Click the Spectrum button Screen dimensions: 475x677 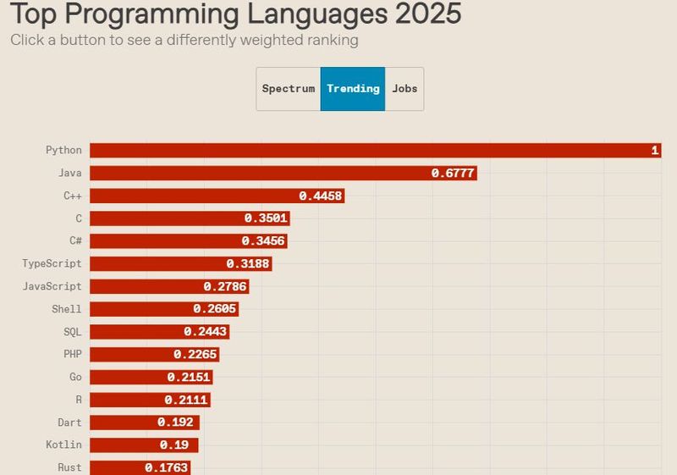288,89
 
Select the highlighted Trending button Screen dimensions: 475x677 353,89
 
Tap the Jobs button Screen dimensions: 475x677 405,89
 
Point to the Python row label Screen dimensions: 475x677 64,150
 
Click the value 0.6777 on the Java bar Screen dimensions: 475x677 453,174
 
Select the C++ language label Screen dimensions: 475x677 73,196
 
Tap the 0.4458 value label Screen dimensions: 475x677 320,196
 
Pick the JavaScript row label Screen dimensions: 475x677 52,287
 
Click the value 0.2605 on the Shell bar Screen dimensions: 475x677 215,310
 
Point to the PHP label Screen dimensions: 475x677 73,355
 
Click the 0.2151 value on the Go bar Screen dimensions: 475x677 189,378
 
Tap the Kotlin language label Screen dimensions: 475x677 64,445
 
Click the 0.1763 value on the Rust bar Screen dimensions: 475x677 167,467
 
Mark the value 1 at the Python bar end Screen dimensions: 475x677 654,151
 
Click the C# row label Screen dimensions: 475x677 75,241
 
